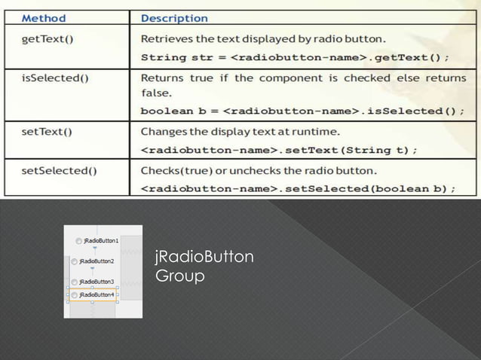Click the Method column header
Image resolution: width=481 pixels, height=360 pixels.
coord(42,17)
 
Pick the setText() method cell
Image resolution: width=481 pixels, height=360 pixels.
coord(46,132)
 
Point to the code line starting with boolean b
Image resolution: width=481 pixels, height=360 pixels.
coord(302,111)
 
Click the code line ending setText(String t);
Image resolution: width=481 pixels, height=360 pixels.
coord(280,150)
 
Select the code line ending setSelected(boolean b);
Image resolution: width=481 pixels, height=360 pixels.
coord(299,188)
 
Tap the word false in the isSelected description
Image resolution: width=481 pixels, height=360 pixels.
coord(154,93)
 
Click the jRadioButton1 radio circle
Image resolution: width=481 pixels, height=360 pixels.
coord(79,241)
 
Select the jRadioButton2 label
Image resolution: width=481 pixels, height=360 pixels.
coord(97,261)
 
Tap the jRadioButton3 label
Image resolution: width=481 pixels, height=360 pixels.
coord(97,282)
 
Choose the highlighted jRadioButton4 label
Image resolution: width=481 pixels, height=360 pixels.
coord(97,294)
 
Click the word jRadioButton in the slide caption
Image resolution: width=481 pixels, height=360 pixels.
coord(204,258)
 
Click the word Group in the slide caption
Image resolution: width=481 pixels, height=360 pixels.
coord(179,277)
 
